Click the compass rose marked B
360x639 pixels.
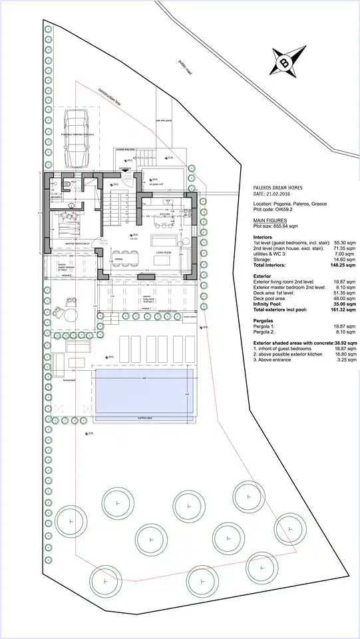[284, 64]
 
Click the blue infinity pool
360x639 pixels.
[144, 393]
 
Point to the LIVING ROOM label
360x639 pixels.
[164, 253]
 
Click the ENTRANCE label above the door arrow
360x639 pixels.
[125, 168]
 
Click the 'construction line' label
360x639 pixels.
[110, 97]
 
